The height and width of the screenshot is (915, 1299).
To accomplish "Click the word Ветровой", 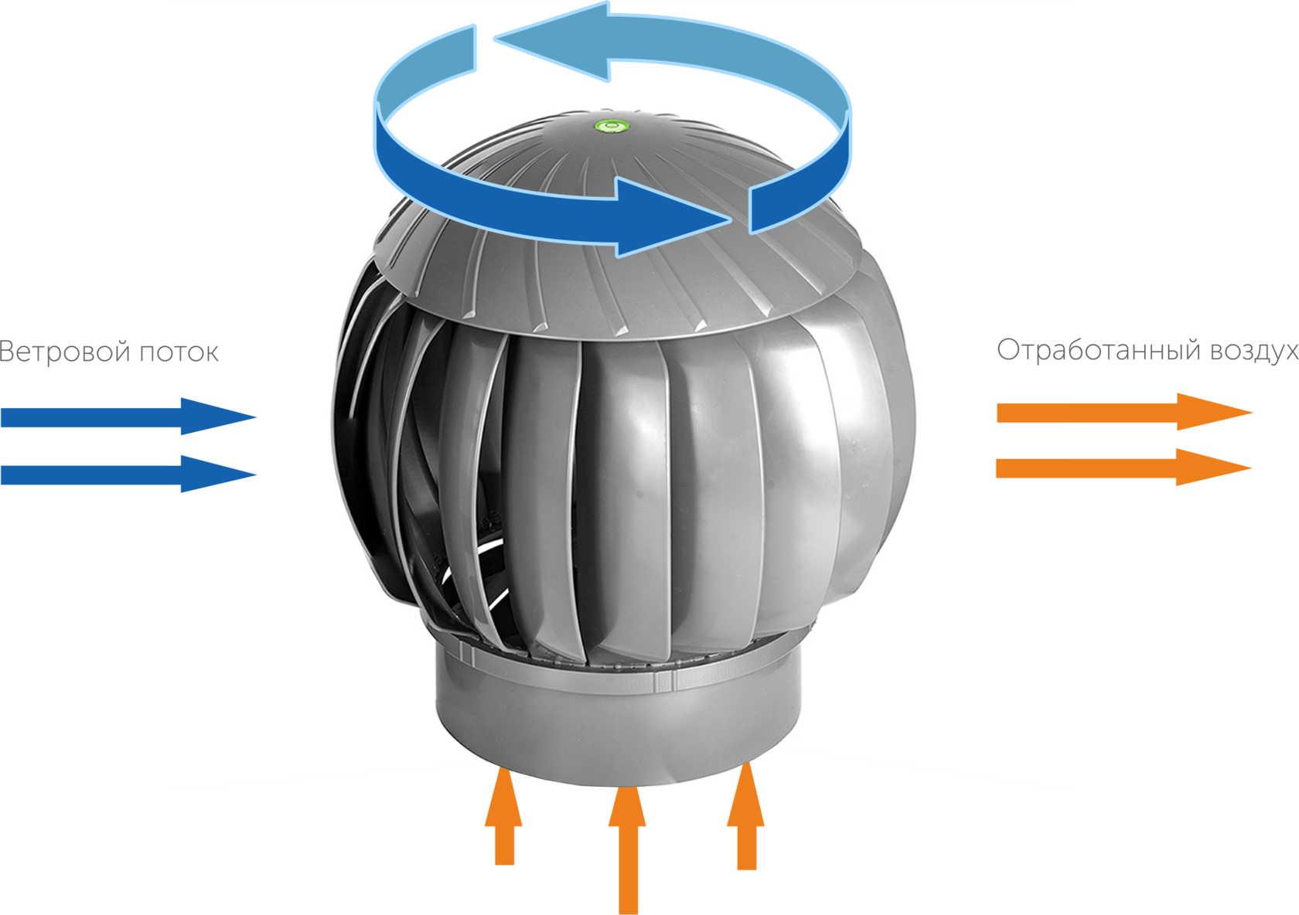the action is (65, 352).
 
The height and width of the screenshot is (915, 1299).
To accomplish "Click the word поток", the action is (179, 352).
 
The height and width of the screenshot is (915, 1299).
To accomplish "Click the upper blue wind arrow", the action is (128, 417).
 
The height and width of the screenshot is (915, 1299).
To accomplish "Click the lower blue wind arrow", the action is (128, 474).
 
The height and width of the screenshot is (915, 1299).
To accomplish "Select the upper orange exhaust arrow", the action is (1121, 412).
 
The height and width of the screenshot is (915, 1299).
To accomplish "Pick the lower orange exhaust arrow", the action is (1121, 468).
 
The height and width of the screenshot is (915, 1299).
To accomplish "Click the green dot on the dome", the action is (612, 124).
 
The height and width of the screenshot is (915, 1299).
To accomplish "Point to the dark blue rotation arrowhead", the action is (665, 217).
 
